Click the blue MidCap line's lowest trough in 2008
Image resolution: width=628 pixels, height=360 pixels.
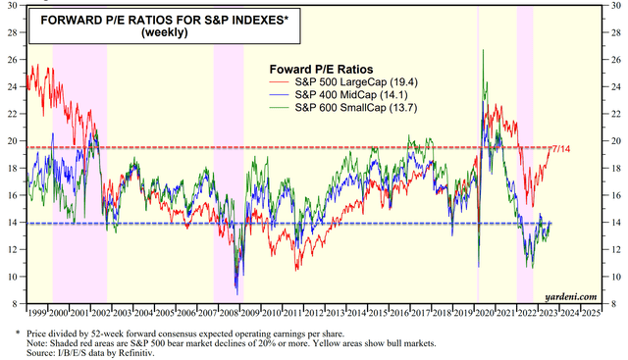[235, 292]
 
